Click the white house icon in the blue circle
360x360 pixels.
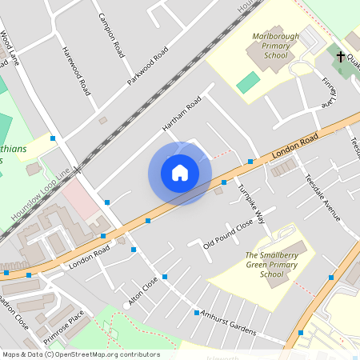(180, 173)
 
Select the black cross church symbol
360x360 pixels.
(340, 57)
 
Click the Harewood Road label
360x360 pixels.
(75, 70)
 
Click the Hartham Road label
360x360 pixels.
(181, 117)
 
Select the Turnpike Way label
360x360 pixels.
(250, 203)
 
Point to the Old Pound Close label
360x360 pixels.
(228, 233)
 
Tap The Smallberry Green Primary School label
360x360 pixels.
(271, 264)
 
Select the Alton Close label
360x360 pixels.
(144, 292)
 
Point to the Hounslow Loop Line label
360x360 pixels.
(41, 196)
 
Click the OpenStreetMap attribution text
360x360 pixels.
(80, 354)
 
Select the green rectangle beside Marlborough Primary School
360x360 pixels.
(249, 82)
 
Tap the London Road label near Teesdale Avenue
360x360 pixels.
(294, 144)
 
